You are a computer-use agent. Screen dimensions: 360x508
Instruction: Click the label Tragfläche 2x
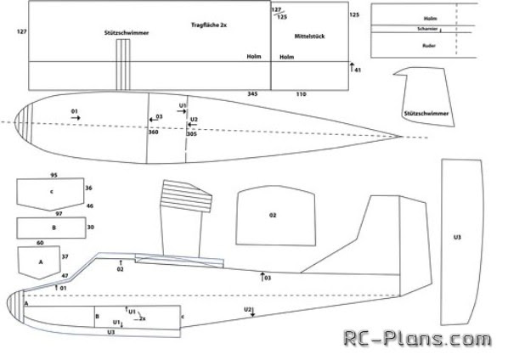click(209, 26)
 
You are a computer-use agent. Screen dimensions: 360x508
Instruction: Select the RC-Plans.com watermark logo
click(416, 339)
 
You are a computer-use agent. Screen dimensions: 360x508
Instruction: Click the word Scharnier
click(427, 29)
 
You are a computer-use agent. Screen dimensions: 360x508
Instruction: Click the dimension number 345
click(252, 93)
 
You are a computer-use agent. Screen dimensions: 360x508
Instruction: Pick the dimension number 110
click(300, 93)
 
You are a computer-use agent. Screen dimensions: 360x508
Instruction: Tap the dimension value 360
click(153, 133)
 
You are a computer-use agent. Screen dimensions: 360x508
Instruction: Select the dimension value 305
click(192, 133)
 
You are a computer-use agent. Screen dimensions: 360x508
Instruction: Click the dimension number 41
click(358, 70)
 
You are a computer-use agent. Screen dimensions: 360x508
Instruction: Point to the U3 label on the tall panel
click(457, 237)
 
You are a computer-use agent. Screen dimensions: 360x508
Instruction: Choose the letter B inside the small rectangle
click(53, 228)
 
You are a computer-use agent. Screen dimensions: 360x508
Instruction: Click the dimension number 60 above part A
click(40, 243)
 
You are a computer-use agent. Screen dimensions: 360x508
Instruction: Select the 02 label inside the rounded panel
click(273, 216)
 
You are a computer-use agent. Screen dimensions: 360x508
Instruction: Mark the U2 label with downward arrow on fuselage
click(249, 309)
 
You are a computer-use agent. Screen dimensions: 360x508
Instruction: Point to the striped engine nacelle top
click(186, 196)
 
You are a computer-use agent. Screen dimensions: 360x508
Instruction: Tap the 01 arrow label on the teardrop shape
click(75, 111)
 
